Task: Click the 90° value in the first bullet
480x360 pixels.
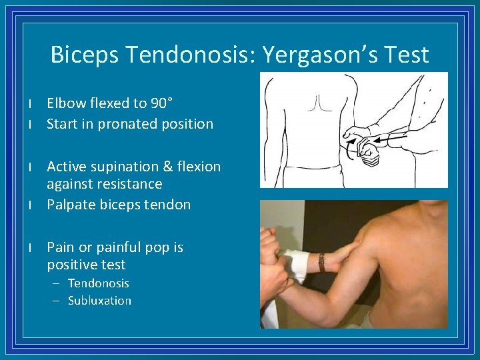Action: (x=161, y=103)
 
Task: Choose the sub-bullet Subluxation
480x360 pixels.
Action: (x=99, y=301)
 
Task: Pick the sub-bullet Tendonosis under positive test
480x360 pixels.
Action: (x=99, y=283)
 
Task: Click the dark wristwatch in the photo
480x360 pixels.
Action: (x=321, y=261)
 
